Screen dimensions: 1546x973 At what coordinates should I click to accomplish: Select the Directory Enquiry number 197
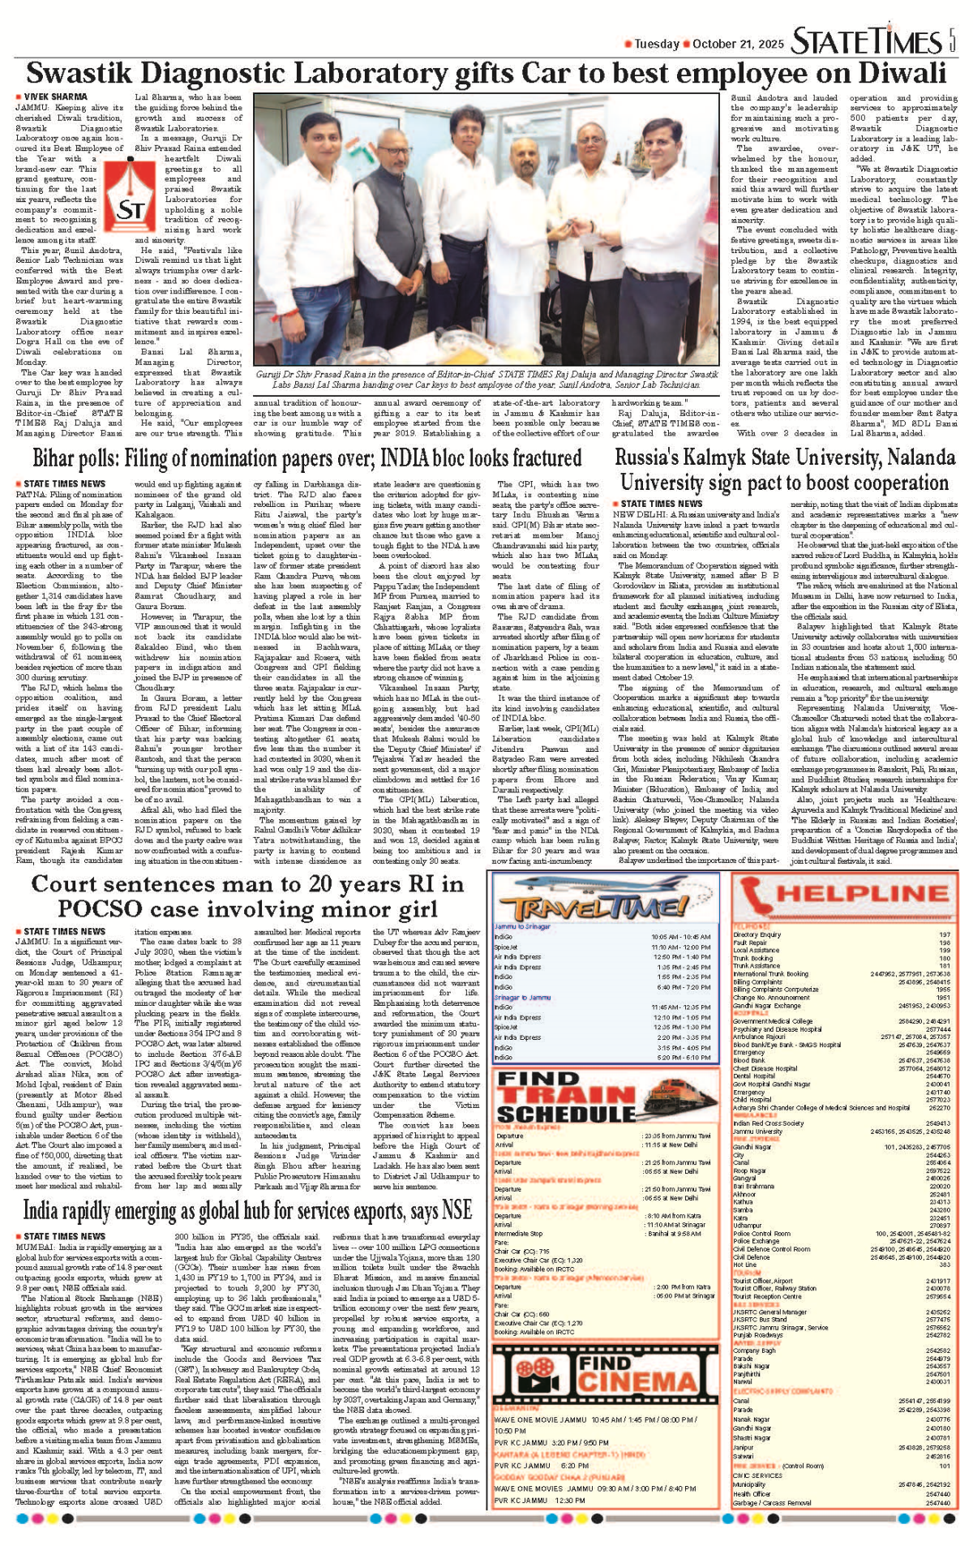coord(944,934)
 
